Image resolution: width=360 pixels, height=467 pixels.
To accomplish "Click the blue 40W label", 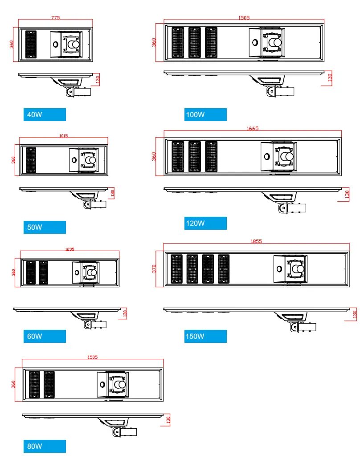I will click(45, 114).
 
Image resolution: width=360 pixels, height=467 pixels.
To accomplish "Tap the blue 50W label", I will click(45, 227).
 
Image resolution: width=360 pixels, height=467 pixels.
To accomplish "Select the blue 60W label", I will click(45, 336).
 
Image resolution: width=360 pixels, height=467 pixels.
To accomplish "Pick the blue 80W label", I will click(45, 446).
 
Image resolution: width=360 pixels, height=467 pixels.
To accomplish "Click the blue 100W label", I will click(205, 114).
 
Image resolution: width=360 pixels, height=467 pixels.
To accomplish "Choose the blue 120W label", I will click(205, 223).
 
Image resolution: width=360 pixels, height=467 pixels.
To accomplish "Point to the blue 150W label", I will click(205, 336).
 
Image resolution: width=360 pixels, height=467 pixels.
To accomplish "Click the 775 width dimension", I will click(55, 18).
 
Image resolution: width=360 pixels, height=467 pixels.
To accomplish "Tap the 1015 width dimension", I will click(63, 136).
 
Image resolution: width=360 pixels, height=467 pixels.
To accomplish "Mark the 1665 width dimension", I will click(252, 128).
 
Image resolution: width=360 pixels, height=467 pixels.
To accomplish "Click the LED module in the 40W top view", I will click(31, 45).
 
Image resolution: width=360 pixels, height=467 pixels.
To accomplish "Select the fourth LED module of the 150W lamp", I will click(224, 269).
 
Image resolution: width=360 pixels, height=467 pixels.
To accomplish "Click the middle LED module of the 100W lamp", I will click(195, 42).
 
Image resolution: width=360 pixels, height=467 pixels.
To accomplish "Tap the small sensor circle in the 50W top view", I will click(74, 160).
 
